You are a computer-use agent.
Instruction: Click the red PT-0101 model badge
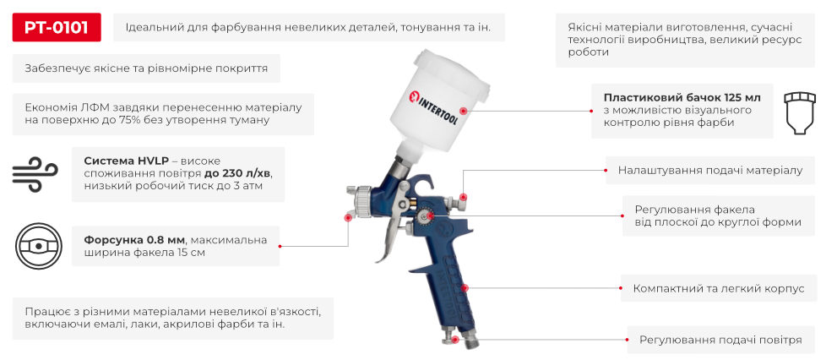pos(57,28)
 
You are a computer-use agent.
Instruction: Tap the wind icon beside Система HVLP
pos(34,173)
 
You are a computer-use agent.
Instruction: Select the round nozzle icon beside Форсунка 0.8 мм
pos(36,245)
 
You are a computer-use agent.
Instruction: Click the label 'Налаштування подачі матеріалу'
pos(710,170)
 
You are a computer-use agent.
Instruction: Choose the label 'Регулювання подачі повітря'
pos(720,340)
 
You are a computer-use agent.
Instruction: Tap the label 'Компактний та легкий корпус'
pos(719,288)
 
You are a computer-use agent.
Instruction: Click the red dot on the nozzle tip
pos(348,217)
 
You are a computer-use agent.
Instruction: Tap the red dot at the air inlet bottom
pos(456,340)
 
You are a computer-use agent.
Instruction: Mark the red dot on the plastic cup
pos(462,110)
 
